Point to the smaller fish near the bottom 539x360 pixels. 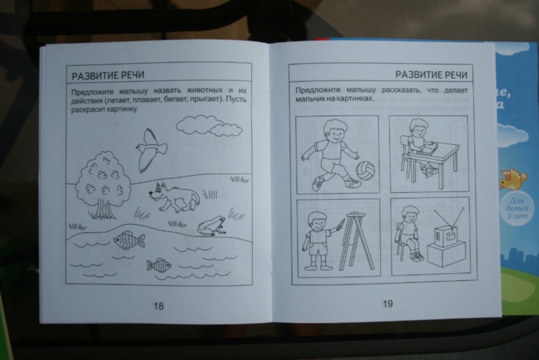[x=158, y=265]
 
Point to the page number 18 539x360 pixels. [x=158, y=305]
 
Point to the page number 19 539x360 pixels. [x=388, y=304]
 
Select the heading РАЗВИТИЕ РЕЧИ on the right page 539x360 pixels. [x=434, y=74]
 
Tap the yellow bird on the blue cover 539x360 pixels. [x=514, y=179]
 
